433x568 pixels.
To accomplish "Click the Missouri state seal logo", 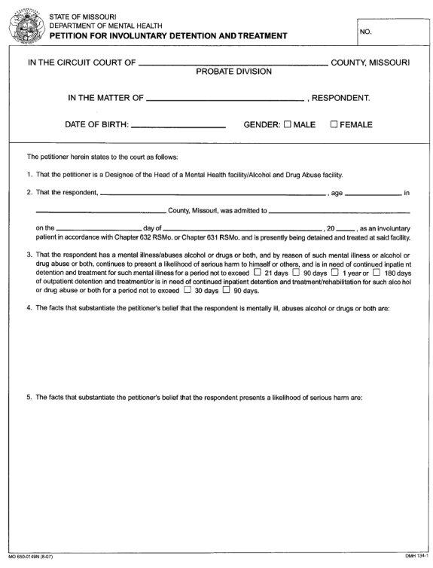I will (x=25, y=26).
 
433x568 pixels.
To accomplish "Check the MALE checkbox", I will (x=287, y=124).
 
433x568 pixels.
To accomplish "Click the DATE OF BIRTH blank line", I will (x=178, y=126).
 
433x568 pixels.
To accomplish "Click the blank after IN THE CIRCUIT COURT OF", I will (x=232, y=64).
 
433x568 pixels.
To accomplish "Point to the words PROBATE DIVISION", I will (x=233, y=72).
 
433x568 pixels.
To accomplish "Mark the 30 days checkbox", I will (x=187, y=290).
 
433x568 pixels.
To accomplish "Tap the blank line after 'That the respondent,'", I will (x=212, y=194).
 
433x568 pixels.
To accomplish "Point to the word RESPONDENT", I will (x=340, y=98).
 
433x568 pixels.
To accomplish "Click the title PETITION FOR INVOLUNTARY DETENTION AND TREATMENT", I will (x=168, y=35).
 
